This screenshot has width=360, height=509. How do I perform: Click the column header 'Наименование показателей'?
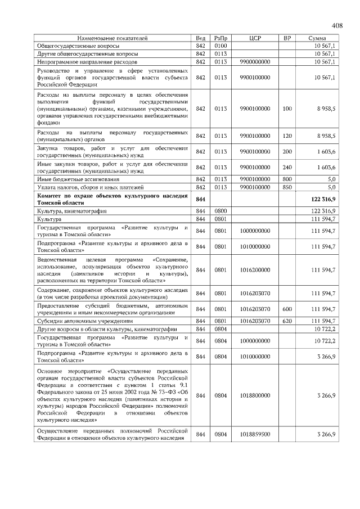click(x=112, y=39)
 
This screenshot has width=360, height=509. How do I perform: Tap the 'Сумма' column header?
click(x=318, y=39)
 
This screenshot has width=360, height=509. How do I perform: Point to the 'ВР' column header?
click(x=287, y=39)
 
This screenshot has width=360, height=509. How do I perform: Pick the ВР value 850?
click(x=287, y=187)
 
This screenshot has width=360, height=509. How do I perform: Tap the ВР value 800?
click(x=287, y=179)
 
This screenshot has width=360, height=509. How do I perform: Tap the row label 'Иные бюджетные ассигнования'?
click(x=76, y=179)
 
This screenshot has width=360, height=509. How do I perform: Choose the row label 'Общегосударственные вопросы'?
click(x=78, y=46)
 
